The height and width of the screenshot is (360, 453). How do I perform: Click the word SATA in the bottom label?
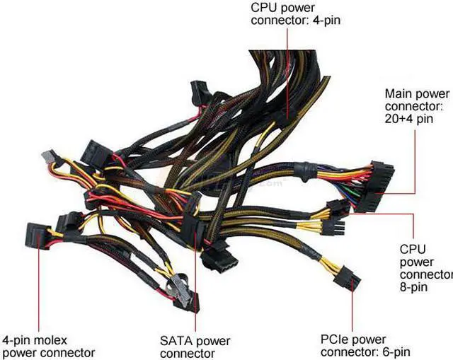click(175, 341)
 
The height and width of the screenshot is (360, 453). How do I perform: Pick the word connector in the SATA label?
click(188, 353)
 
